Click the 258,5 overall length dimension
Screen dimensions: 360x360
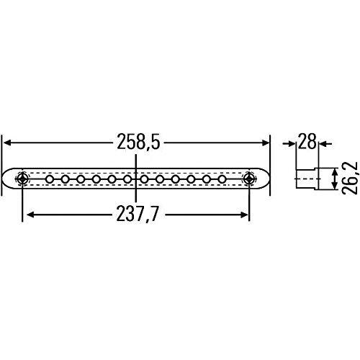(137, 143)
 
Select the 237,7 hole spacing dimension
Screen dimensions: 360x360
(137, 214)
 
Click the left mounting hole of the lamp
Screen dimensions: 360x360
(24, 179)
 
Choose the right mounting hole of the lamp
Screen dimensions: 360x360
(249, 179)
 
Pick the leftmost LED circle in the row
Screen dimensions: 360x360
(49, 179)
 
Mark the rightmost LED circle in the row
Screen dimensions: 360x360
(222, 179)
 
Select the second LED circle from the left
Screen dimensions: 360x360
(65, 179)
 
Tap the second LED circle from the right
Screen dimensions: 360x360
(206, 179)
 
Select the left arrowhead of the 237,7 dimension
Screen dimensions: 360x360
(27, 214)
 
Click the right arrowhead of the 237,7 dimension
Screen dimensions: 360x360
(246, 214)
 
